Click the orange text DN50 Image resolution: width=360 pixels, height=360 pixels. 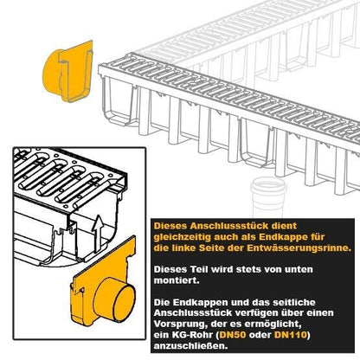click(x=233, y=335)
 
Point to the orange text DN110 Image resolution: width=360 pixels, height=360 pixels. click(x=291, y=335)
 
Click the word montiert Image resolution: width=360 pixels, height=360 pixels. click(x=177, y=280)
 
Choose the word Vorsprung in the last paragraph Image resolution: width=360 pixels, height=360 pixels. click(x=177, y=325)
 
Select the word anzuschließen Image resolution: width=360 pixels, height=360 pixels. click(x=190, y=346)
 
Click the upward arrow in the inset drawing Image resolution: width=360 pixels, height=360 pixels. click(x=98, y=233)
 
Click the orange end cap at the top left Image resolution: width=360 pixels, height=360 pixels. click(x=67, y=71)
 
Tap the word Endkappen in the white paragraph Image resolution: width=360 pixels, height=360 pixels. click(x=202, y=302)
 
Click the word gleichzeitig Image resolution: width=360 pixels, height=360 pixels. click(x=183, y=237)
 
